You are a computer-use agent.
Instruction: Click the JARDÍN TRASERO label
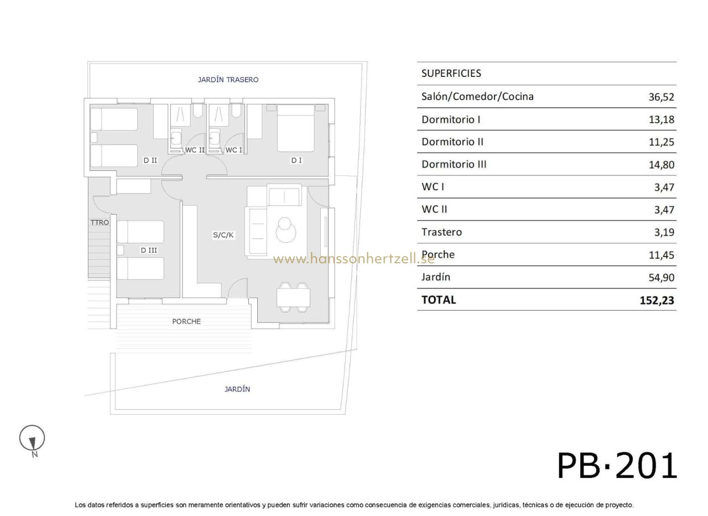click(228, 80)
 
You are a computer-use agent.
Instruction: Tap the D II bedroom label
click(150, 160)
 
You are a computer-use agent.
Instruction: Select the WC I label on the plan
click(233, 150)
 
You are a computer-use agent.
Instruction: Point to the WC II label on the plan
click(195, 150)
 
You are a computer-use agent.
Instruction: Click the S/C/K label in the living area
click(223, 235)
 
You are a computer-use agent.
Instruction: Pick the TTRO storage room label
click(100, 222)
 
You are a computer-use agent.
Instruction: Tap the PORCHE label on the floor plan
click(186, 321)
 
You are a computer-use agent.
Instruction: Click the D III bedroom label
click(149, 251)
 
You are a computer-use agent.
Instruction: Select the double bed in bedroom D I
click(296, 128)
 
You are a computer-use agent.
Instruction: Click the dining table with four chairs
click(293, 298)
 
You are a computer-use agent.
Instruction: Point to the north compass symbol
click(32, 439)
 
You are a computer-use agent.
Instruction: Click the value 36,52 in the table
click(661, 97)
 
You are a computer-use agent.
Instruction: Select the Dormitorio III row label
click(454, 164)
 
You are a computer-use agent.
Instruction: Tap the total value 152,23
click(657, 300)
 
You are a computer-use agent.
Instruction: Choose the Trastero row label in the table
click(441, 232)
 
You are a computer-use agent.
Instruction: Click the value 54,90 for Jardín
click(661, 278)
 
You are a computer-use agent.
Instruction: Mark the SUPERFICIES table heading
click(451, 74)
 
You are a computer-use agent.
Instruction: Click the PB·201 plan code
click(617, 466)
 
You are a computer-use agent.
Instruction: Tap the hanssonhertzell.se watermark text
click(353, 259)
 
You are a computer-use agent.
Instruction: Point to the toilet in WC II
click(198, 111)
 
